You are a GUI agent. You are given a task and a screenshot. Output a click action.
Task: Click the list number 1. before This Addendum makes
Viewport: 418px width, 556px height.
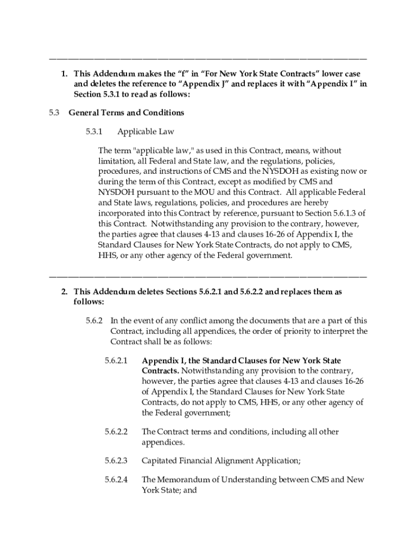[64, 74]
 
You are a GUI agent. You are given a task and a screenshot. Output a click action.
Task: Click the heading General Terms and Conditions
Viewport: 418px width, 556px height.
[126, 113]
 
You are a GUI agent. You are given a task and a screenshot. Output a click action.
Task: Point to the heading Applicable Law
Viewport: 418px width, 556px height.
[145, 132]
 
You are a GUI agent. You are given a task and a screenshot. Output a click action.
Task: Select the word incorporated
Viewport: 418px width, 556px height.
[123, 213]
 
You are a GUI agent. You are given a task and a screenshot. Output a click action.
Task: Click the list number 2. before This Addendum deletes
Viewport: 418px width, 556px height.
[64, 292]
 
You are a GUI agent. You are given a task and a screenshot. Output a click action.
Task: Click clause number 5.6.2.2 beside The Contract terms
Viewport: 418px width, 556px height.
[116, 432]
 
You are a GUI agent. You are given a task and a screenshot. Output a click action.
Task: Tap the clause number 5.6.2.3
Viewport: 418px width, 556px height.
[116, 461]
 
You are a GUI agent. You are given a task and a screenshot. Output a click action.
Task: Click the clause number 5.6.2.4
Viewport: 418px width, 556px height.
[116, 480]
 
